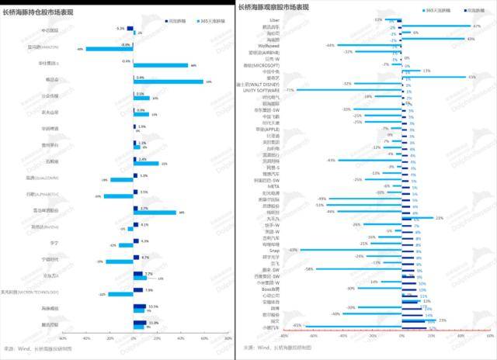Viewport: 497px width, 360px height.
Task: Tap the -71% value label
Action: [x=289, y=90]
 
